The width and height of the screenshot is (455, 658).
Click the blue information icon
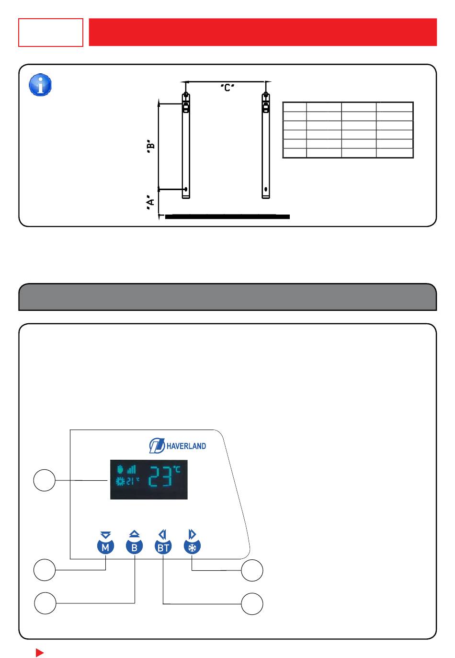tap(40, 85)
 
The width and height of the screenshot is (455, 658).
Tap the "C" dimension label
tap(227, 88)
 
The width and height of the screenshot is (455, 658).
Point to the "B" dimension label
tap(150, 146)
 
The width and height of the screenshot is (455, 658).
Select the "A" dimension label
tap(150, 202)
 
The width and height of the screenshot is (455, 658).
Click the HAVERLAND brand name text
tap(186, 446)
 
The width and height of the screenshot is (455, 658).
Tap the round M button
tap(105, 547)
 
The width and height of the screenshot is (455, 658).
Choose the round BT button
tap(163, 547)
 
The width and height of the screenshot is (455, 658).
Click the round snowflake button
tap(192, 547)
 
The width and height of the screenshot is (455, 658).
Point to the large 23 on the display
tap(160, 476)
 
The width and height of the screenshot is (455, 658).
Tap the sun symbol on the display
tap(120, 481)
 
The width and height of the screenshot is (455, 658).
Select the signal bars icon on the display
tap(131, 469)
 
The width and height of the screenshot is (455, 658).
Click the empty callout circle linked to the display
tap(45, 480)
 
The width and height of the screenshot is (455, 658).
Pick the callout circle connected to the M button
tap(45, 570)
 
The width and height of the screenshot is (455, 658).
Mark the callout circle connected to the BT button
tap(252, 604)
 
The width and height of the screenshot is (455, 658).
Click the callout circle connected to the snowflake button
tap(252, 570)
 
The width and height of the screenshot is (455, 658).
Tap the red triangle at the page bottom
tap(39, 653)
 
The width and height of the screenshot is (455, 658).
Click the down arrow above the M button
tap(105, 534)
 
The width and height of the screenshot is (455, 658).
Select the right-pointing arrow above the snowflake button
tap(192, 534)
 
